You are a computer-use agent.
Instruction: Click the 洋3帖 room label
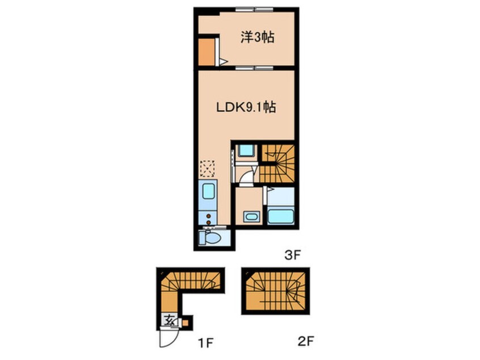(x=257, y=37)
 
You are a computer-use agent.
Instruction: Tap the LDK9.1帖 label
(x=246, y=107)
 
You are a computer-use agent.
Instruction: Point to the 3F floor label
(x=293, y=255)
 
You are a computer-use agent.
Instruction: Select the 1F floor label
(x=205, y=343)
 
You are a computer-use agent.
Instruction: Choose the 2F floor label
(x=306, y=341)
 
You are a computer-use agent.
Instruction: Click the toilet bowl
(x=210, y=238)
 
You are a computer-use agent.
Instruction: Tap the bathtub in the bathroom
(x=281, y=216)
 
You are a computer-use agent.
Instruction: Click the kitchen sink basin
(x=208, y=191)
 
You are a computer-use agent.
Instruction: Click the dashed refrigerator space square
(x=207, y=169)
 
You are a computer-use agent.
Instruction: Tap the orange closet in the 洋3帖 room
(x=207, y=52)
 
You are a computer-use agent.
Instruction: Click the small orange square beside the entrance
(x=185, y=323)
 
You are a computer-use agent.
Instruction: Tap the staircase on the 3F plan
(x=277, y=164)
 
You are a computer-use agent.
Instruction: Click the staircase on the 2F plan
(x=276, y=291)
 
